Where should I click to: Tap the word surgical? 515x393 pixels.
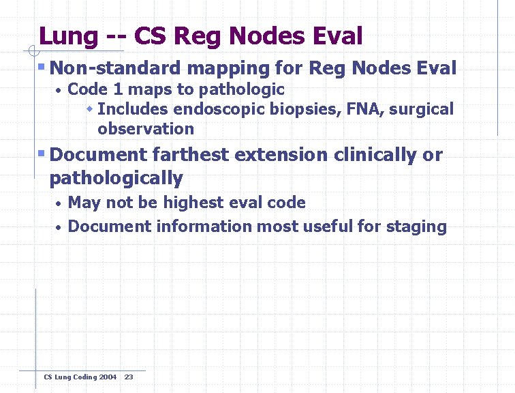(421, 109)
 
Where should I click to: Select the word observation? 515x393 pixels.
(146, 129)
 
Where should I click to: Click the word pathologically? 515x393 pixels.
(116, 179)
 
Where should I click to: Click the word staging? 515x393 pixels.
(419, 227)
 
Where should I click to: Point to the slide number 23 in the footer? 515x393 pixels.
(129, 377)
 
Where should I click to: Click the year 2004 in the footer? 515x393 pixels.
(108, 377)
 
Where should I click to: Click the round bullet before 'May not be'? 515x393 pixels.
(59, 204)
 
